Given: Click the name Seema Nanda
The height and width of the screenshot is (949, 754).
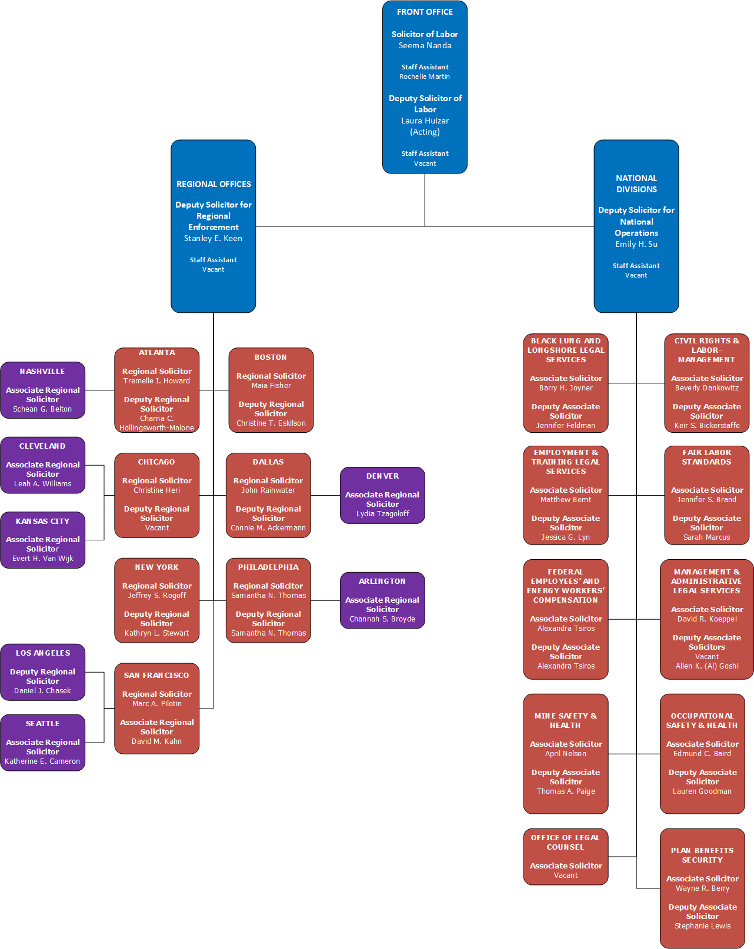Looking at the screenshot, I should (425, 45).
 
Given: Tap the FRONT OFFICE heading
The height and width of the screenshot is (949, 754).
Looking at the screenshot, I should (425, 12).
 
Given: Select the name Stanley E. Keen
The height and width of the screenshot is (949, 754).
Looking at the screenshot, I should (213, 238).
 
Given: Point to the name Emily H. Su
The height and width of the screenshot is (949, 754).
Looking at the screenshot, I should (636, 244).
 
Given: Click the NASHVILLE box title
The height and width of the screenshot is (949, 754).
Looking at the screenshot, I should (42, 372).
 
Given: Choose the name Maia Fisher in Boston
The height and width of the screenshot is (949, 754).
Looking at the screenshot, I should (271, 386).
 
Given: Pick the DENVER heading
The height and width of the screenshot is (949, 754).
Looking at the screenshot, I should (382, 476).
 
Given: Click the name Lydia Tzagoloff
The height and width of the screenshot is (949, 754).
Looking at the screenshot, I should (382, 514).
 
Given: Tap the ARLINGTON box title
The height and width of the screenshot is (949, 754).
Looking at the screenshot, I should (382, 582).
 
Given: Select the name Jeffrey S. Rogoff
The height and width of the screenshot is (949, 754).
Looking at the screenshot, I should (156, 596).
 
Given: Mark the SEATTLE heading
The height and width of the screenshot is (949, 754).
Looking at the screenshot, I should (42, 724).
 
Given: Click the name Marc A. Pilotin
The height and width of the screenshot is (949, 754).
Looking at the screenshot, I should (156, 704).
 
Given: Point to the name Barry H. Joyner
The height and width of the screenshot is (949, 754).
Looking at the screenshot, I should (566, 388).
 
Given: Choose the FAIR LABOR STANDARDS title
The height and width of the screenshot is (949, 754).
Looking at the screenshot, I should (706, 457).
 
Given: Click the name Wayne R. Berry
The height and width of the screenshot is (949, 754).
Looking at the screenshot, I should (702, 888).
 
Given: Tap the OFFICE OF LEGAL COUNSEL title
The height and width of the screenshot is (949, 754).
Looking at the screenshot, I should (565, 843).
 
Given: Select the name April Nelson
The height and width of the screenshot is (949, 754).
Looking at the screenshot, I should (565, 754).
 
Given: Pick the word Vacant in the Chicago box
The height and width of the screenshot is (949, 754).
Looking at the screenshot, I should (156, 528).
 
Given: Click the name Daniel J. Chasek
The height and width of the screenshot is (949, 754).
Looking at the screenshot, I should (42, 691).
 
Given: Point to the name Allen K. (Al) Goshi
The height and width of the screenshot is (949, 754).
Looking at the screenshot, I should (707, 666).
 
